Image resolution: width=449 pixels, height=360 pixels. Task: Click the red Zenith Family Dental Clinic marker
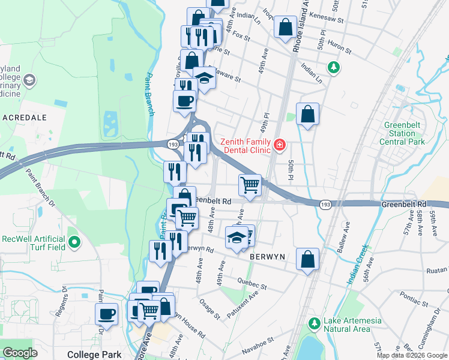279,145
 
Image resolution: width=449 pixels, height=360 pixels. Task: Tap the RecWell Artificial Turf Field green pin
74,242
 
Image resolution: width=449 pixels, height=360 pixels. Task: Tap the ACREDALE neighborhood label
25,118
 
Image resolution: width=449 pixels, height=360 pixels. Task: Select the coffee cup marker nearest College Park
107,314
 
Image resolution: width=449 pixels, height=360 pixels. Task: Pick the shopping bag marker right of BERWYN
307,259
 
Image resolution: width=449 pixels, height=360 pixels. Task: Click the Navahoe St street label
258,340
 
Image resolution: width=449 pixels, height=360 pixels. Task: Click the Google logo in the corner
20,353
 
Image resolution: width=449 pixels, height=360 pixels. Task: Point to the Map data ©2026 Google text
411,355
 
